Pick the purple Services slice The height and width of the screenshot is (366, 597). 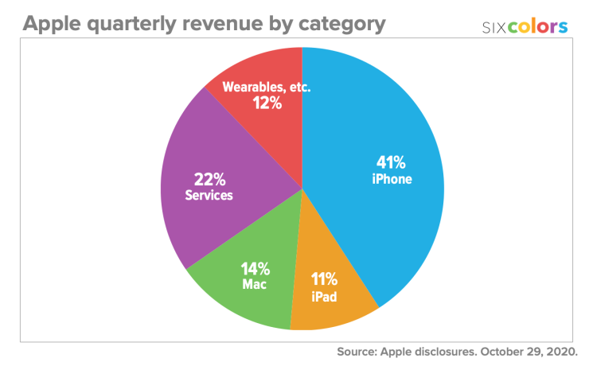click(199, 215)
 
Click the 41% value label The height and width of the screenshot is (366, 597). click(392, 163)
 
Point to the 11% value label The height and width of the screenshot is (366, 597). click(324, 279)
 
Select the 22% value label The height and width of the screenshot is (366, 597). click(209, 178)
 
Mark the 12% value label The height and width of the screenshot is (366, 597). click(266, 103)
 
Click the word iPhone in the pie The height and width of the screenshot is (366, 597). click(392, 180)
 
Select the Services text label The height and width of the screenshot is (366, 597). click(209, 195)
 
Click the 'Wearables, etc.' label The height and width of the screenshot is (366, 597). click(266, 86)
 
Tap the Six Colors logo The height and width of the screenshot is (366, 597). click(525, 27)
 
